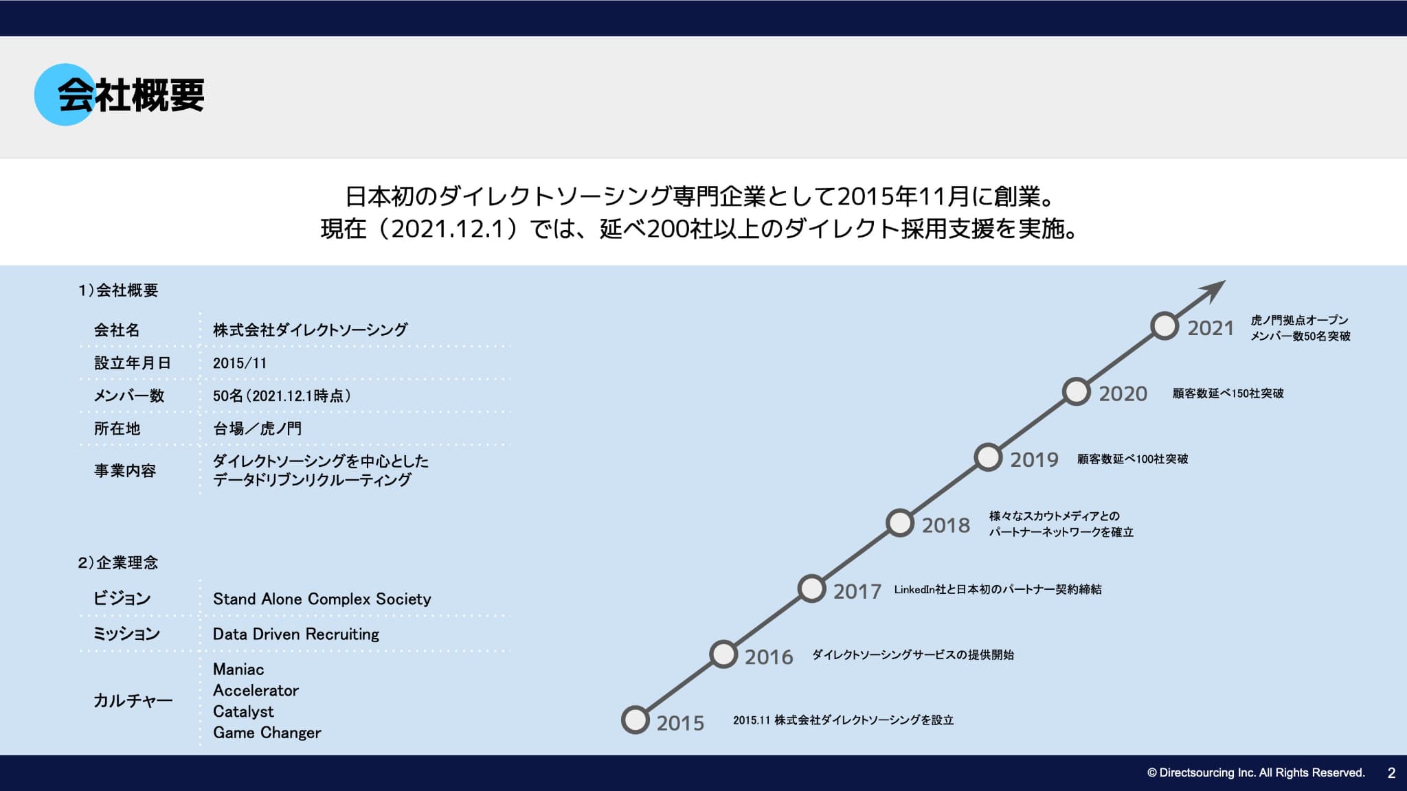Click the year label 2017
pyautogui.click(x=857, y=591)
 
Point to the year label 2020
pyautogui.click(x=1123, y=393)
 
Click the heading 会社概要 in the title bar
pyautogui.click(x=131, y=95)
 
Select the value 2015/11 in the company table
pyautogui.click(x=240, y=363)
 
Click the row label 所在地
pyautogui.click(x=117, y=428)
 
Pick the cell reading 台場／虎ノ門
pyautogui.click(x=257, y=428)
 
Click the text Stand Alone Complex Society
pyautogui.click(x=322, y=599)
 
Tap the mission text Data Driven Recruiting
pyautogui.click(x=296, y=634)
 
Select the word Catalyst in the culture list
pyautogui.click(x=243, y=711)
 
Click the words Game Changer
pyautogui.click(x=267, y=733)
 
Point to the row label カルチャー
pyautogui.click(x=133, y=700)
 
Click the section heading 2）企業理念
pyautogui.click(x=118, y=563)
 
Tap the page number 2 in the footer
pyautogui.click(x=1391, y=773)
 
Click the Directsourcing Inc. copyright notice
pyautogui.click(x=1256, y=773)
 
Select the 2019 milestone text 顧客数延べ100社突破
pyautogui.click(x=1132, y=459)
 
